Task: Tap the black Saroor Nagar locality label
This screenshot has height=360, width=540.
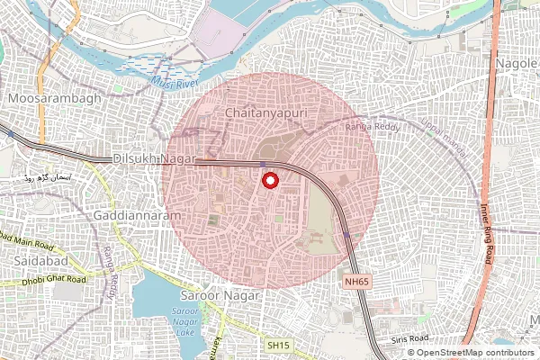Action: click(220, 295)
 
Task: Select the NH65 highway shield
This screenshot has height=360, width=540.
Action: click(357, 282)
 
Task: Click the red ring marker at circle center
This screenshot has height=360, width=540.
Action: click(269, 181)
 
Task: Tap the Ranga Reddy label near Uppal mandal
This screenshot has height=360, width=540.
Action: click(365, 128)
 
